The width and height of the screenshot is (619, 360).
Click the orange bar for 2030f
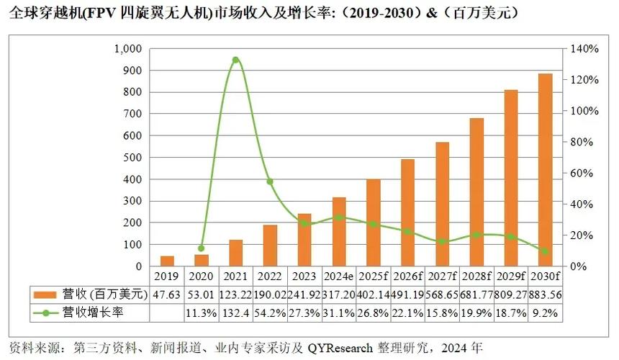[545, 170]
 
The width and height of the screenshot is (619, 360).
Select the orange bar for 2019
[167, 261]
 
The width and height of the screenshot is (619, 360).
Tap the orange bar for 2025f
[374, 222]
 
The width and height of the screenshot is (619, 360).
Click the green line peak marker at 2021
[235, 60]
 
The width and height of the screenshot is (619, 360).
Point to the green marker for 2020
[202, 248]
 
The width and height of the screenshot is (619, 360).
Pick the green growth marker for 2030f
[545, 251]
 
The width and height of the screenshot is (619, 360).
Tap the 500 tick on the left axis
[133, 158]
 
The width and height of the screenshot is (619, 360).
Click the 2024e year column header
[339, 276]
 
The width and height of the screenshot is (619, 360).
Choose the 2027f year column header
[442, 276]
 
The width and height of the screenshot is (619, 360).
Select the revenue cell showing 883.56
[545, 294]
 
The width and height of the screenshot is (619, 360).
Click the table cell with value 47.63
[167, 294]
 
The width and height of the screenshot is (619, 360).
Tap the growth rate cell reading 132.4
[235, 312]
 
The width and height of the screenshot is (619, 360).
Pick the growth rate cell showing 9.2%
[545, 312]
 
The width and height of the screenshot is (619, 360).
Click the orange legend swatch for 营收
[45, 294]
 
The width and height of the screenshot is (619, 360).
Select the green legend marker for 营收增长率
[45, 312]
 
